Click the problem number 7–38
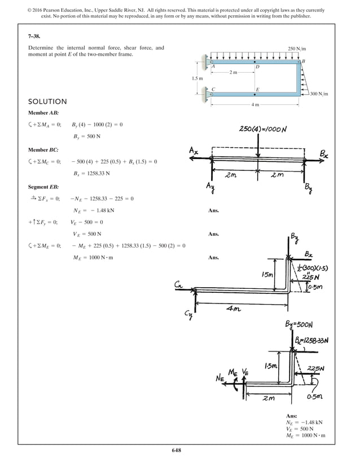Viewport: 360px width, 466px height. tap(35, 35)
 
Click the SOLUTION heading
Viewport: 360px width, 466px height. tap(47, 102)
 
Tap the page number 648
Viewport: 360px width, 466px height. tap(179, 450)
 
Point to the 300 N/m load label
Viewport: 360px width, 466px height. tap(319, 94)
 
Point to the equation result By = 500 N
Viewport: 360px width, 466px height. tap(86, 137)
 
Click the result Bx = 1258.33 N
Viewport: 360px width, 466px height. tap(91, 173)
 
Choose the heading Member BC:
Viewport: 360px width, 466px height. tap(43, 150)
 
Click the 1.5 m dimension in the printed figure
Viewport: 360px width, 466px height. tap(197, 78)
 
